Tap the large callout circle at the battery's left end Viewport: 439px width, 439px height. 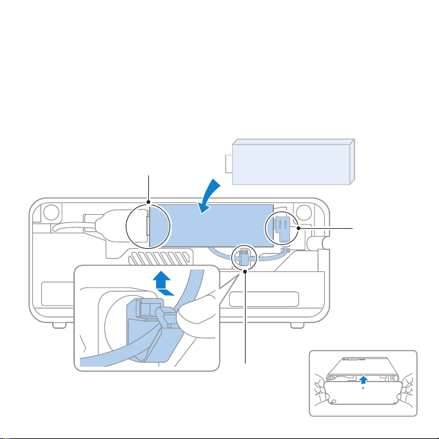coord(148,226)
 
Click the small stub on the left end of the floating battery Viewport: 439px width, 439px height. coord(228,164)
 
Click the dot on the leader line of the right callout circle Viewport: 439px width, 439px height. coord(298,227)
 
